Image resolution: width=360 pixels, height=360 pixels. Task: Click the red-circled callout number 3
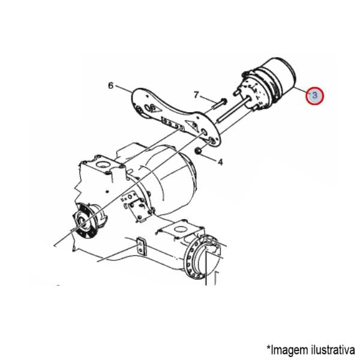coord(314,95)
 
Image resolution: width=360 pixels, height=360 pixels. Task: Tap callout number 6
coord(111,86)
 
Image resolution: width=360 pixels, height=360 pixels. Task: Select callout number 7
coord(196,95)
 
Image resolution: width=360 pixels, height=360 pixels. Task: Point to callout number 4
coord(220,162)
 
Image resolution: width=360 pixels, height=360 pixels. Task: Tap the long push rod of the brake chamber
coord(233,110)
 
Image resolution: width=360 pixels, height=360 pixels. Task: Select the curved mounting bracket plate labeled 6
coord(175,116)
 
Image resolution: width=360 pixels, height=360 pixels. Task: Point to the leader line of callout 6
coord(124,89)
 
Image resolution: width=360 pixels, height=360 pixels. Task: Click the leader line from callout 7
coord(208,99)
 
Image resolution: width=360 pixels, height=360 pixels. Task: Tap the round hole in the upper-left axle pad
coord(101,164)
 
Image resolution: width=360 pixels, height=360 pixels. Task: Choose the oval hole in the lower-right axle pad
coord(180,229)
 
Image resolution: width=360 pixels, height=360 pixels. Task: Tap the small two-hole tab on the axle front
coord(142,247)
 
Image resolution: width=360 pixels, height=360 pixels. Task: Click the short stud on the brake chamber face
coord(236,92)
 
